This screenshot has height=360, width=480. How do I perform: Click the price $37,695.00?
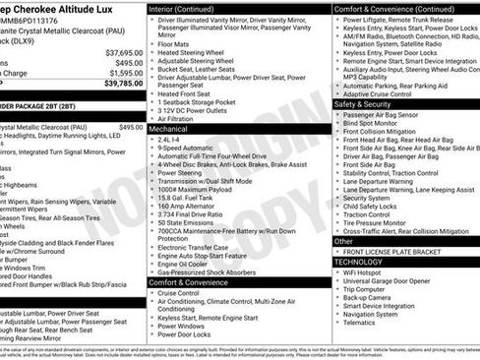pyautogui.click(x=123, y=52)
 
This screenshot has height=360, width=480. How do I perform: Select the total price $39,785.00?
pyautogui.click(x=122, y=84)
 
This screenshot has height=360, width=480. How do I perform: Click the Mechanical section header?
pyautogui.click(x=169, y=128)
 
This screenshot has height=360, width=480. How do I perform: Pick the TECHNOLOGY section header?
pyautogui.click(x=359, y=263)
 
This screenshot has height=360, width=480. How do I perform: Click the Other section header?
pyautogui.click(x=343, y=241)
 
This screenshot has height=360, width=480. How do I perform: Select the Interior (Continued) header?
pyautogui.click(x=190, y=7)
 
